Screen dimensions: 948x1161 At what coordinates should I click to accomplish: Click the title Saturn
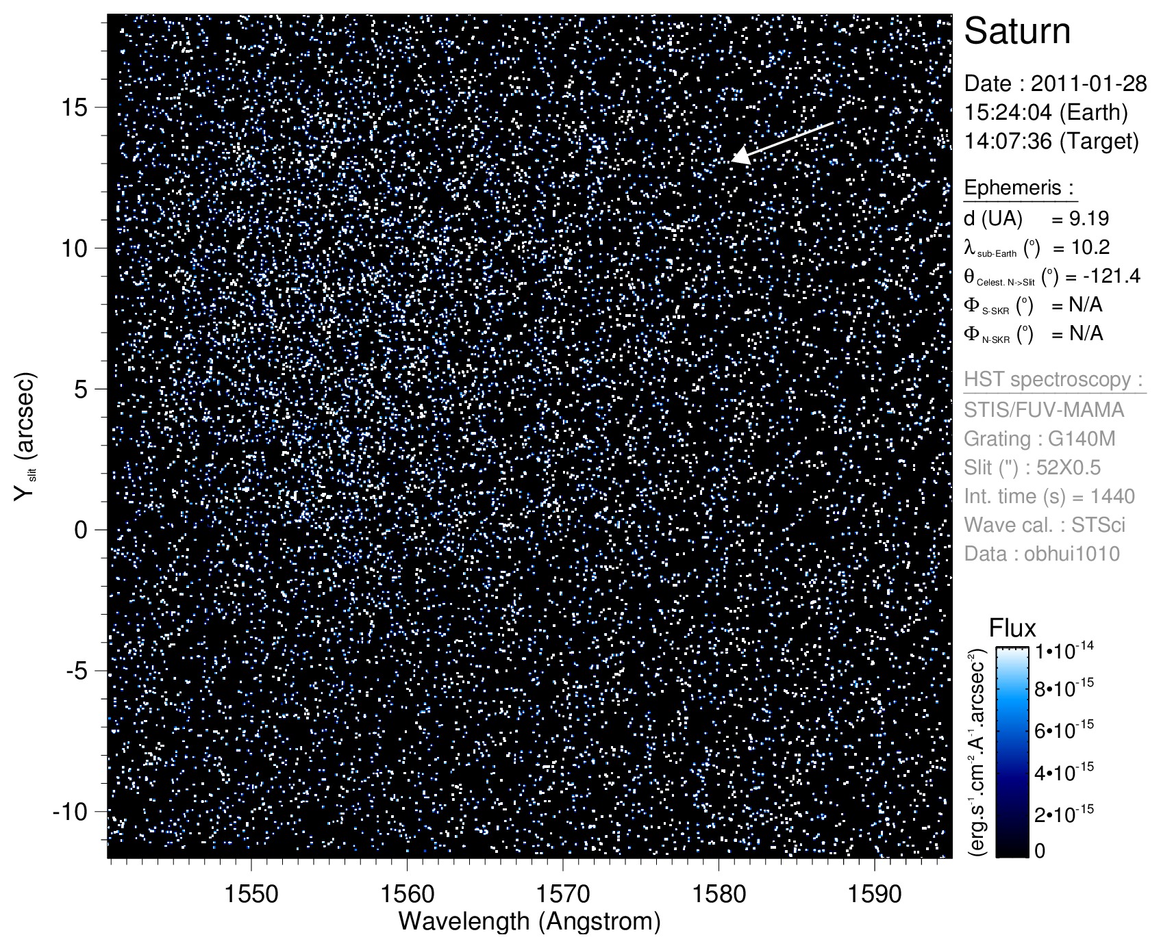click(x=1017, y=31)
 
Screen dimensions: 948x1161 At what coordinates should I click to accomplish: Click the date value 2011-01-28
click(x=1088, y=84)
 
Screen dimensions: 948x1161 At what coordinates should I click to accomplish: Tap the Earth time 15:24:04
click(x=1002, y=112)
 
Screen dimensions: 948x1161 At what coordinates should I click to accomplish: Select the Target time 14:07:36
click(x=1002, y=141)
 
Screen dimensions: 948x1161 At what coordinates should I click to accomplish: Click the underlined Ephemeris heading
click(x=1019, y=188)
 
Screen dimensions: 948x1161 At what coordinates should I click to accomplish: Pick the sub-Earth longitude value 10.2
click(x=1090, y=248)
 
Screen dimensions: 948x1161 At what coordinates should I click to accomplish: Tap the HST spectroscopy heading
click(x=1055, y=380)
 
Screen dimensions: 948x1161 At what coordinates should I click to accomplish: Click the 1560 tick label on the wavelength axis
click(x=407, y=894)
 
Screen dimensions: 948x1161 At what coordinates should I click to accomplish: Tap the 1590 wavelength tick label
click(x=875, y=894)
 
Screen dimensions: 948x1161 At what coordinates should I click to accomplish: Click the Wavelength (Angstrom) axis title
click(x=529, y=921)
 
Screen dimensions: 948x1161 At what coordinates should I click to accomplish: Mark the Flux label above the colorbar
click(x=1012, y=628)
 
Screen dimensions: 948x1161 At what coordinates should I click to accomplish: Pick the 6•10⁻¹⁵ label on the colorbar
click(x=1064, y=730)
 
